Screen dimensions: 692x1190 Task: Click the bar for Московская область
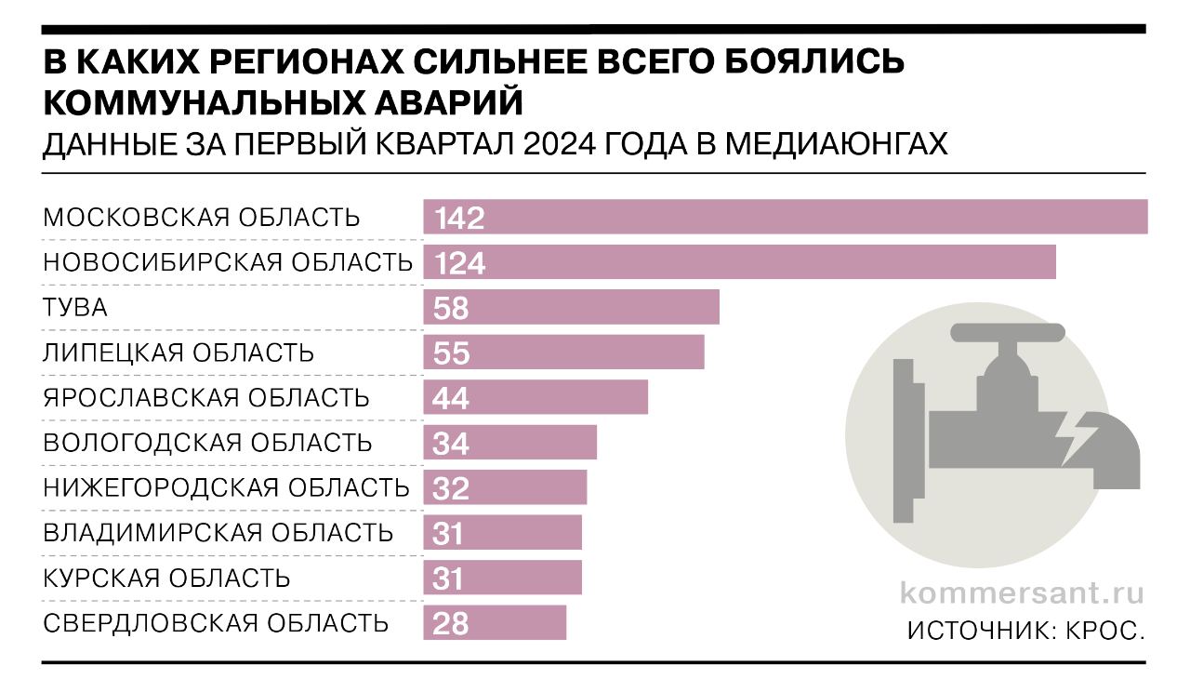[786, 217]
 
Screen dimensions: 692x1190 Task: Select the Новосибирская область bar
[739, 261]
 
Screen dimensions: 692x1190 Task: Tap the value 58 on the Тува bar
[451, 308]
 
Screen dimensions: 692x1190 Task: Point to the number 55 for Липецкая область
[451, 353]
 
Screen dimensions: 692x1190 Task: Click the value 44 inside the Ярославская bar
[451, 398]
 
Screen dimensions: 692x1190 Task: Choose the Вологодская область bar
[509, 443]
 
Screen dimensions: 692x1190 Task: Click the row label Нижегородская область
[226, 487]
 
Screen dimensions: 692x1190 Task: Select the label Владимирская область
[218, 533]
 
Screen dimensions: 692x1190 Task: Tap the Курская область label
[166, 578]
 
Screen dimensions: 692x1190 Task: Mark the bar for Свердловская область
[495, 622]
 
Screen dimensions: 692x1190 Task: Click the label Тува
[75, 308]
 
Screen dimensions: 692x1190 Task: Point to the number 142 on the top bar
[459, 218]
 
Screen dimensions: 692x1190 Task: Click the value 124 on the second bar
[459, 263]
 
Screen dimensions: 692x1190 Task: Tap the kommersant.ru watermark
[1021, 592]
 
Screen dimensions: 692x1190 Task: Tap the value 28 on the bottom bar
[451, 623]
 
